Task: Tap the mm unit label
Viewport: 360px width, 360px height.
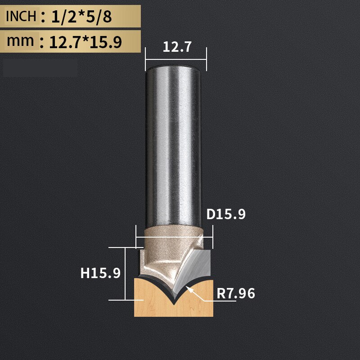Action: (21, 41)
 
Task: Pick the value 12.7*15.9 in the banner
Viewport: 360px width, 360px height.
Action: (85, 42)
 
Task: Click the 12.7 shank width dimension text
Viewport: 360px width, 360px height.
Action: (175, 47)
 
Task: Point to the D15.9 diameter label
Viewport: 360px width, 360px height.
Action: (226, 215)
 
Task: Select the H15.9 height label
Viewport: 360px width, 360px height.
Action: (101, 273)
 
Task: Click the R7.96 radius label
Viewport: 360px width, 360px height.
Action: (236, 294)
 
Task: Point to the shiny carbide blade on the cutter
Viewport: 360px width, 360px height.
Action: (193, 270)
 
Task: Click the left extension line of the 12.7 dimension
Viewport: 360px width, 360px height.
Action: (145, 58)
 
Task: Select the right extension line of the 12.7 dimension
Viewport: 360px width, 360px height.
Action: (206, 58)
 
